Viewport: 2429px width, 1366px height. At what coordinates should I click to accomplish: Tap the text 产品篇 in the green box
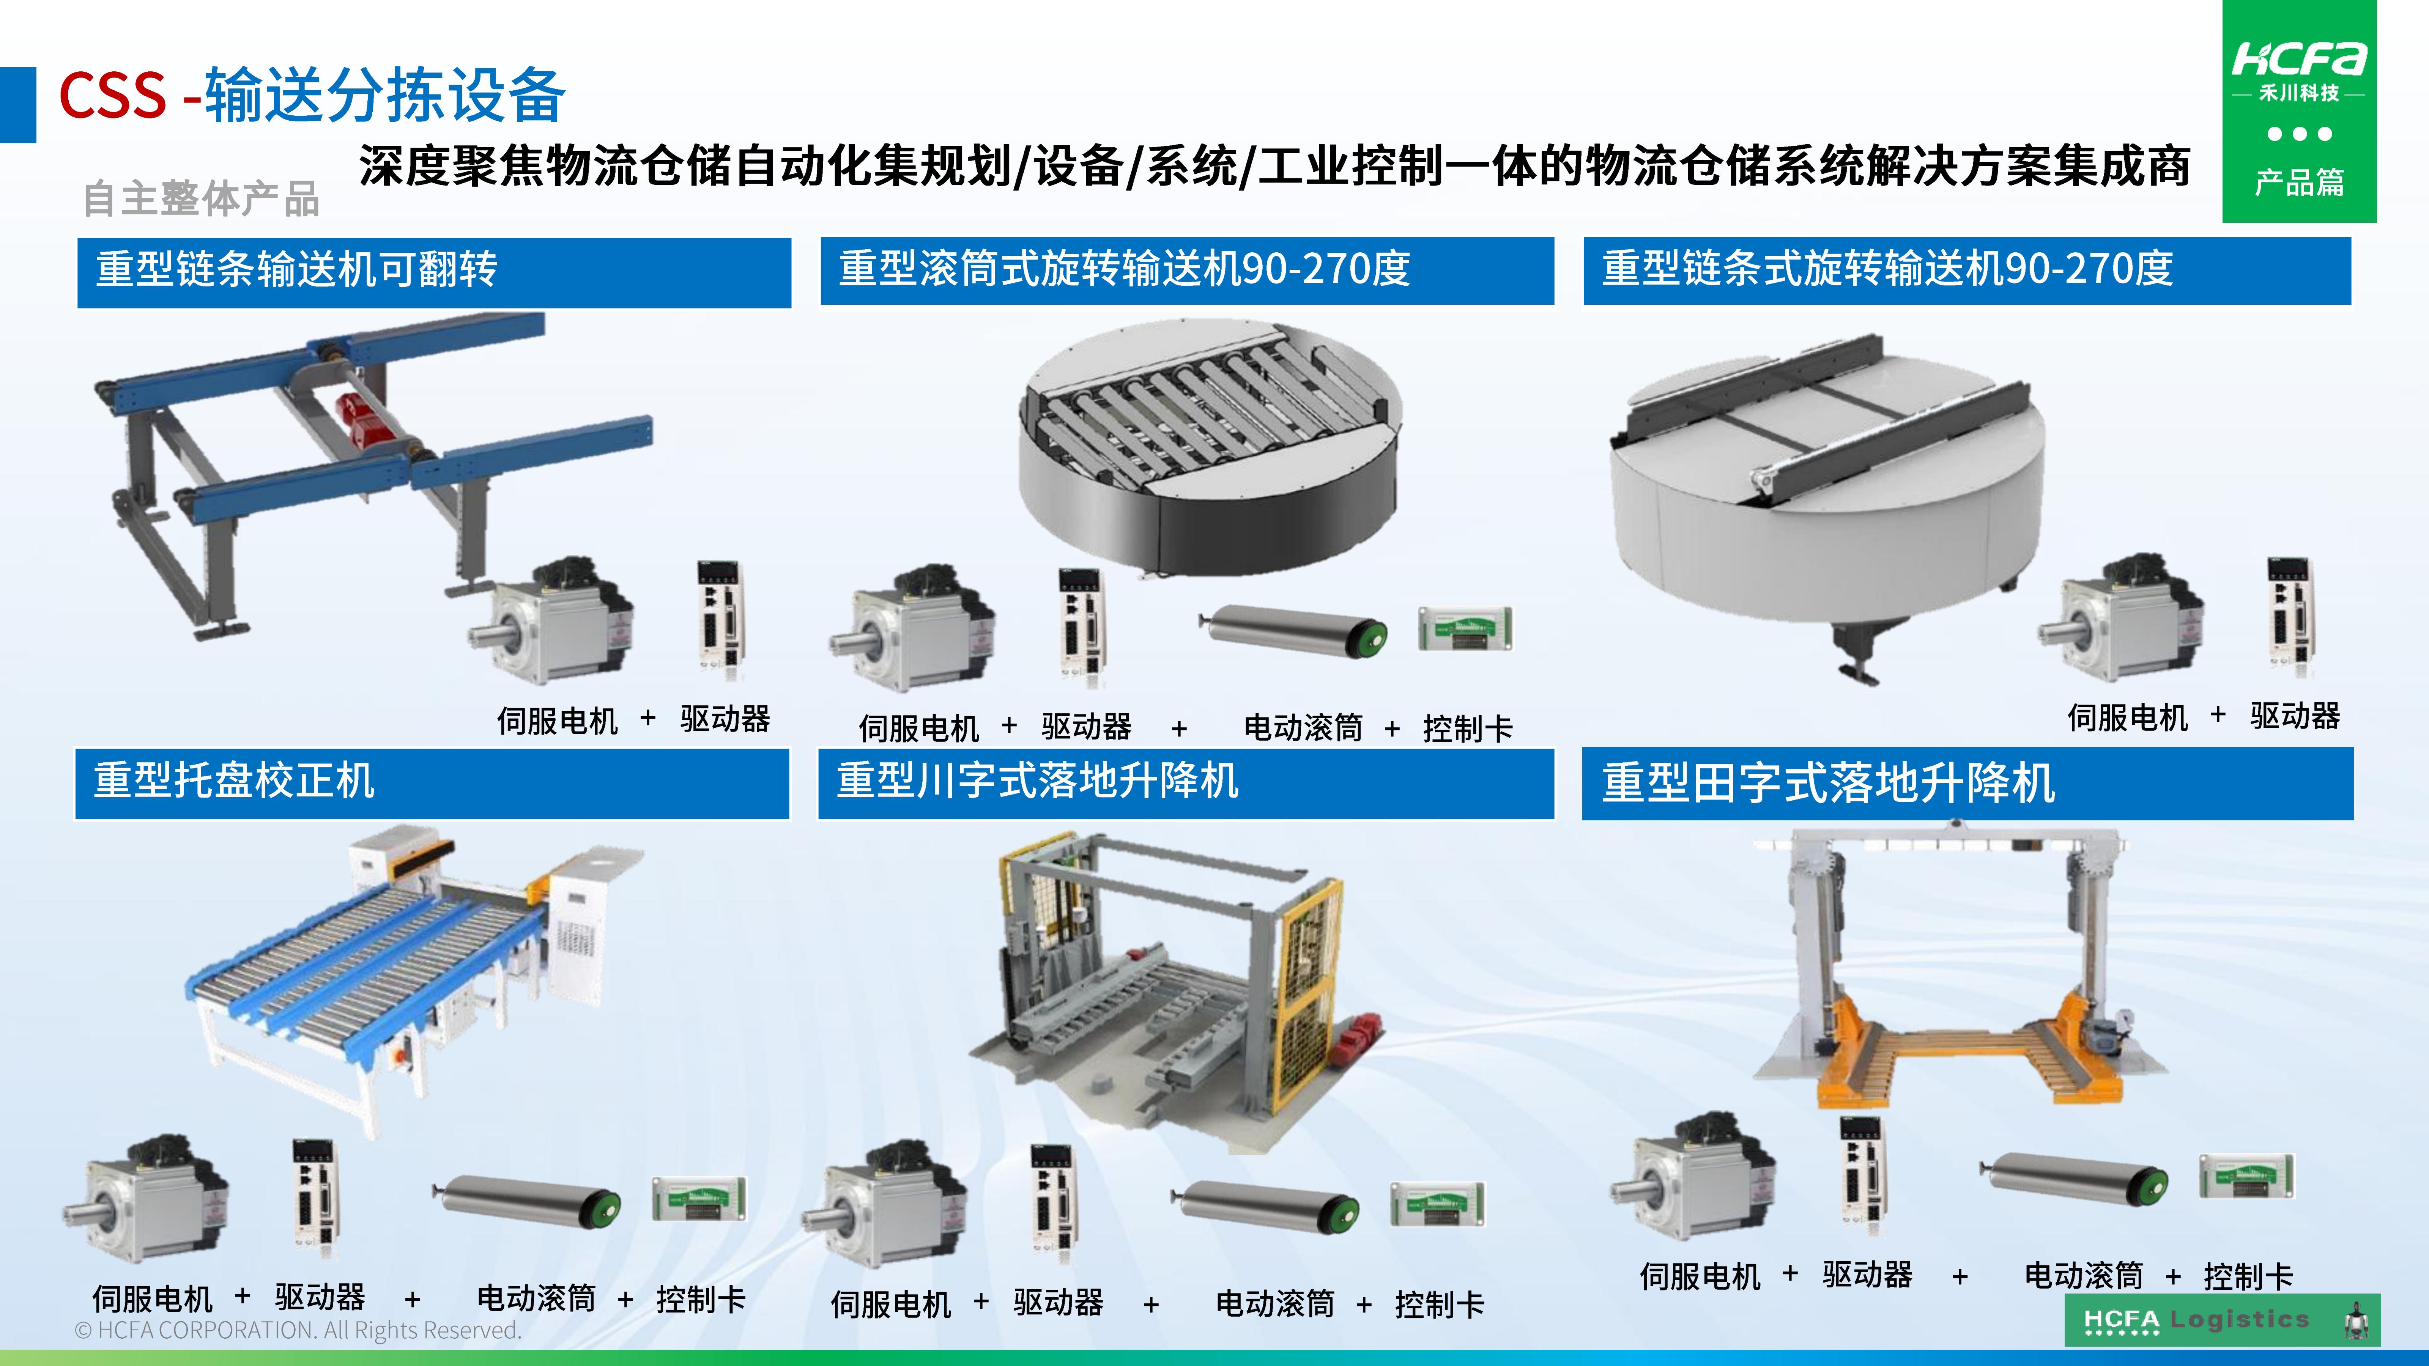click(x=2299, y=182)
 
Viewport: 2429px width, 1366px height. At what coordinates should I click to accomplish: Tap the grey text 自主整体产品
click(x=201, y=199)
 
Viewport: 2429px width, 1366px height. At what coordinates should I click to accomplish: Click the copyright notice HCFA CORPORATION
click(x=298, y=1330)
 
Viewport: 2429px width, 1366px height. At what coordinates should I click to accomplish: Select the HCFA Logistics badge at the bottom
click(x=2221, y=1320)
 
